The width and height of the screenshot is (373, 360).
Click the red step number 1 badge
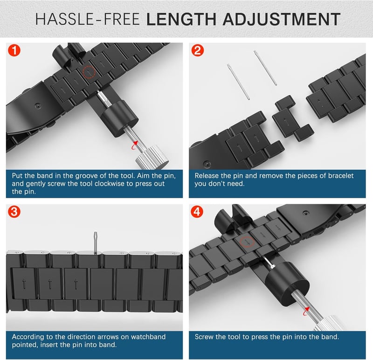pos(14,50)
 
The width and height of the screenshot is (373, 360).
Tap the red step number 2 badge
pos(197,50)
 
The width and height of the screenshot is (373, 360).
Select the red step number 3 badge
pos(14,212)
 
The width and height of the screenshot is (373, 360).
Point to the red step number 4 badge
pos(197,212)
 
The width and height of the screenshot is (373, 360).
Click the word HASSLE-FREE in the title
pos(87,19)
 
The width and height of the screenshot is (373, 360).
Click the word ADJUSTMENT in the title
pos(282,19)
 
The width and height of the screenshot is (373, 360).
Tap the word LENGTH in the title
pos(181,19)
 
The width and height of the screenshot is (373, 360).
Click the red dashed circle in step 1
pos(89,72)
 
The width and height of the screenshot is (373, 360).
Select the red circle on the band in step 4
pos(247,242)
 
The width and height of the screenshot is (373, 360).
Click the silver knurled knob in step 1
pos(152,157)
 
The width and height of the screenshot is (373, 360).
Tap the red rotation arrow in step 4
pos(306,311)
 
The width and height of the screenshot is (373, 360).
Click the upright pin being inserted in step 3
pos(96,243)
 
